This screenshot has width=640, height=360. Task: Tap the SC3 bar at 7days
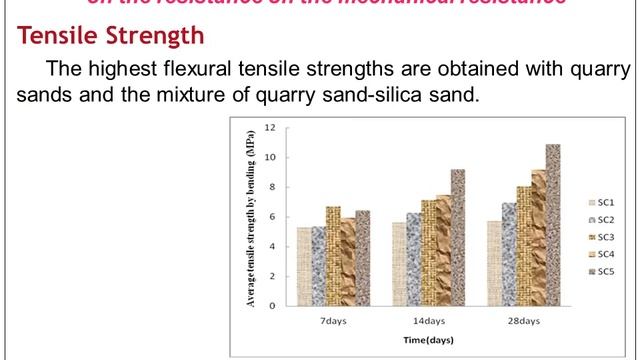(334, 256)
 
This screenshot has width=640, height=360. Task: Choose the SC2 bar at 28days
(509, 254)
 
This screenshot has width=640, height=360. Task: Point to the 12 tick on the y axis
(270, 128)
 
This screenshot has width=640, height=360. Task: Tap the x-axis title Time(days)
(428, 340)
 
